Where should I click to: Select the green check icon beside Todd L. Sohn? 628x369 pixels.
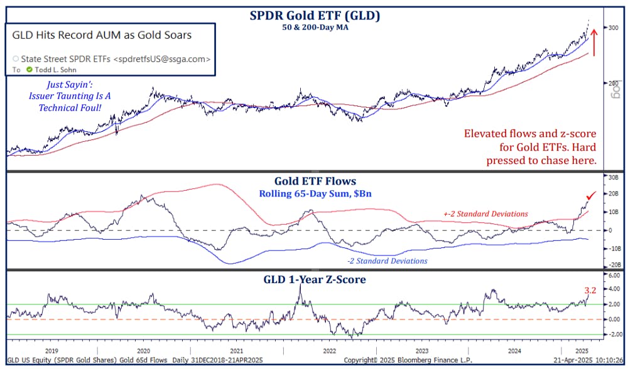(29, 70)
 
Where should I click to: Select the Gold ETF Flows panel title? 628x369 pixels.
(314, 182)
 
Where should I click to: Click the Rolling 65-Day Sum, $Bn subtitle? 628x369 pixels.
(315, 193)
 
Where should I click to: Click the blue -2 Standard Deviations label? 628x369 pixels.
(387, 260)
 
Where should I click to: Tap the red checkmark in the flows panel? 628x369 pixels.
(590, 198)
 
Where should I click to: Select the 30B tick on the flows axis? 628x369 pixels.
(612, 178)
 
